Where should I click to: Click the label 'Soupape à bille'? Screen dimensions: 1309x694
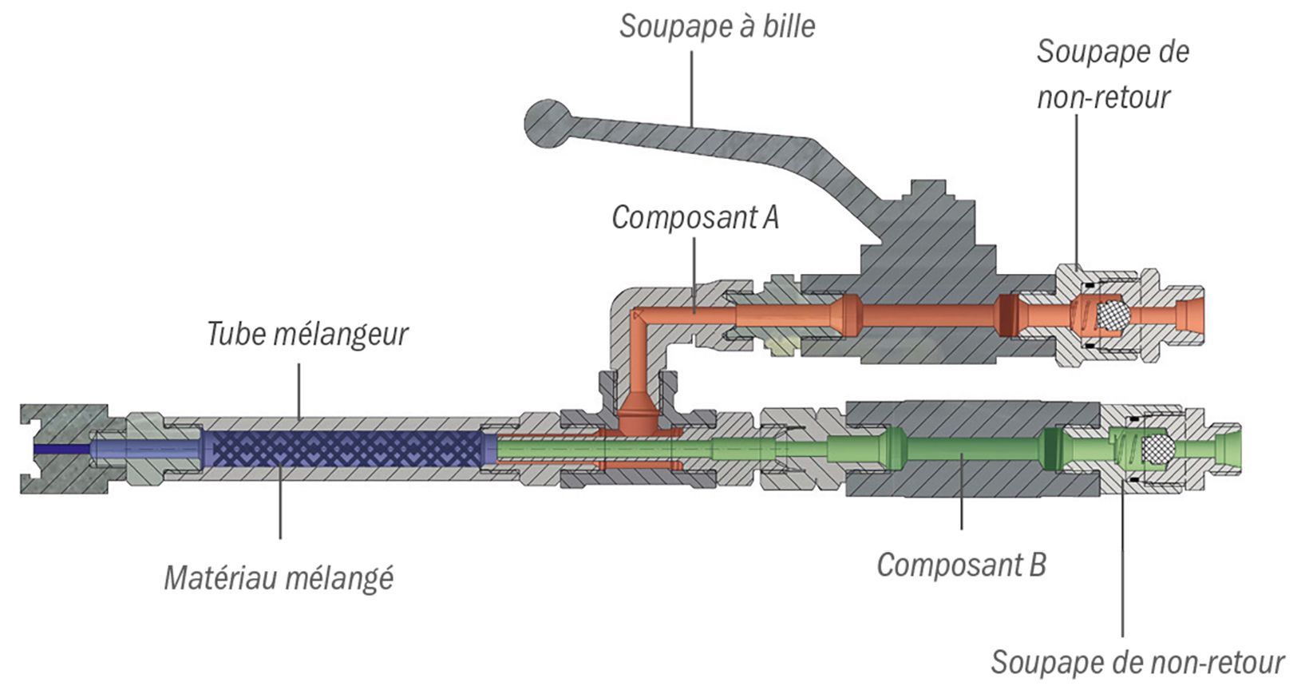tap(717, 26)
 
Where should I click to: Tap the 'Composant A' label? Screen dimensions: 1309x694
tap(695, 218)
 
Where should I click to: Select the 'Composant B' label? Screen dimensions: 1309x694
tap(961, 565)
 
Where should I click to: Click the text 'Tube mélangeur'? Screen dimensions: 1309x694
tap(307, 335)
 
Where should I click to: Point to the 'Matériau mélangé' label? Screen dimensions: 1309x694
tap(279, 578)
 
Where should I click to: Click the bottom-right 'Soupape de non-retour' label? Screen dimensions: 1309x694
tap(1137, 663)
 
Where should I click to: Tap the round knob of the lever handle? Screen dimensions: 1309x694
tap(548, 123)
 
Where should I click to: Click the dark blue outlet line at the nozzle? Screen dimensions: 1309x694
tap(62, 449)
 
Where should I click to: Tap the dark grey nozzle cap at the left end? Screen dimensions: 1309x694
tap(65, 449)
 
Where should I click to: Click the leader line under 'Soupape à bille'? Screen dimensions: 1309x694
tap(692, 89)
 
